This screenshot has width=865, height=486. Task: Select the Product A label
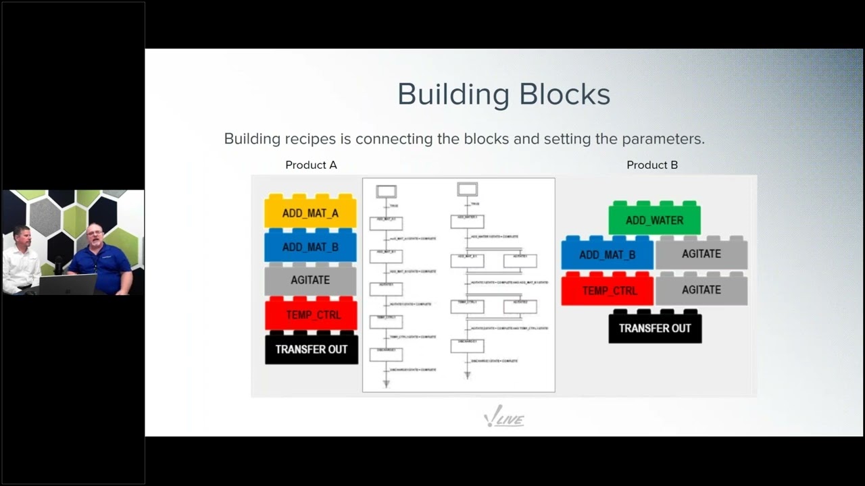tap(311, 165)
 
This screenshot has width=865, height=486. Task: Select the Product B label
tap(652, 165)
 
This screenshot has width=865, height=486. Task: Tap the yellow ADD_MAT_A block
tap(310, 213)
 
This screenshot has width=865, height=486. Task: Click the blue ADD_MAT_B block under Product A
tap(310, 247)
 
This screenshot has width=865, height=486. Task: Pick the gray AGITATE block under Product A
tap(310, 280)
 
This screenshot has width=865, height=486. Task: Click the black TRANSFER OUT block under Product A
tap(311, 349)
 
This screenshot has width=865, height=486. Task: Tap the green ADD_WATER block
tap(654, 220)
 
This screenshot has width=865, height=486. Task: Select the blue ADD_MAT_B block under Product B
tap(607, 254)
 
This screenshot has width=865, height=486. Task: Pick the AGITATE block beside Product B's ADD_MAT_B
tap(701, 254)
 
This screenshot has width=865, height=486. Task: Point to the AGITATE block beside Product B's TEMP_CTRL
tap(701, 290)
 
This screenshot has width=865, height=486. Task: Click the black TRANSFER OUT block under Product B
tap(655, 328)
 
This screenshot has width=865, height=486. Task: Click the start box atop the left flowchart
tap(386, 192)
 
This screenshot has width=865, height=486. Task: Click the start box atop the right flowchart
tap(467, 189)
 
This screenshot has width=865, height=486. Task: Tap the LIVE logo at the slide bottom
tap(505, 418)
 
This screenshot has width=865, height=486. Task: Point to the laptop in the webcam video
tap(68, 284)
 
